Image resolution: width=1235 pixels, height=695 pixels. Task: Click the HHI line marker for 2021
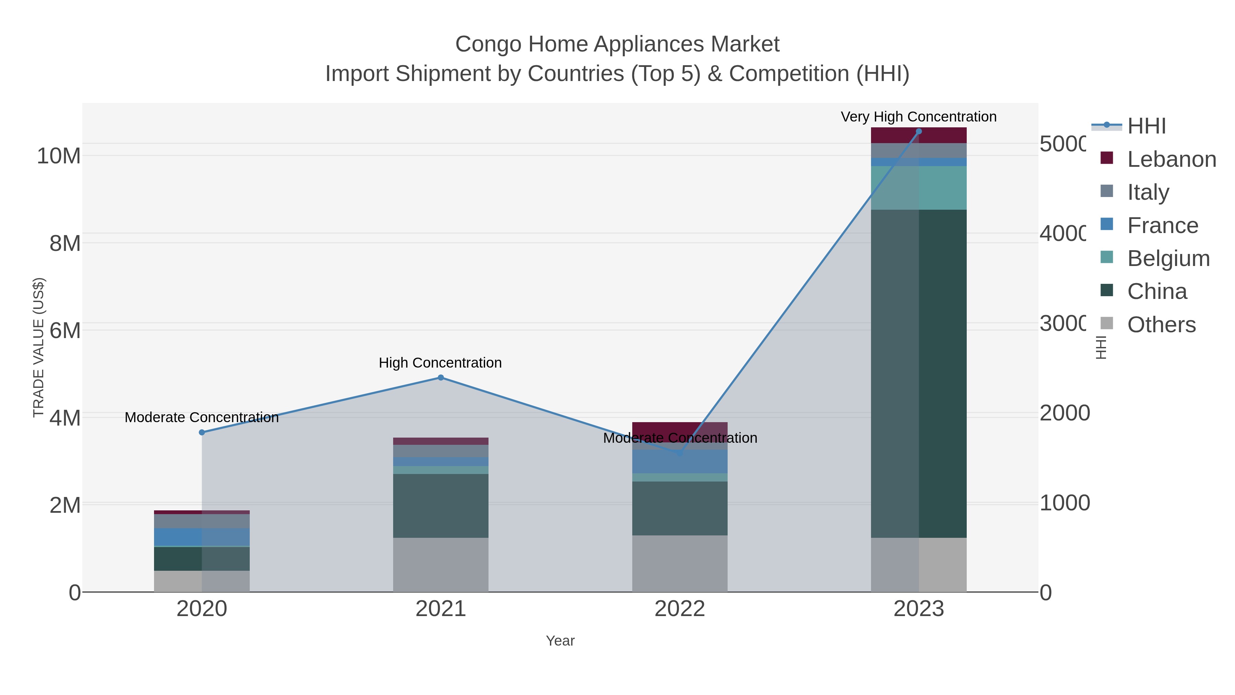point(440,378)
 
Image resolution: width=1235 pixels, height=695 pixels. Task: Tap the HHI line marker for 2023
point(919,131)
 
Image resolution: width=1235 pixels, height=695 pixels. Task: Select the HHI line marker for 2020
point(202,432)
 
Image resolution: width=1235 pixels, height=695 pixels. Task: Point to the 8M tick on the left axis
point(65,243)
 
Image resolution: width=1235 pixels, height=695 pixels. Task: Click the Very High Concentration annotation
point(919,117)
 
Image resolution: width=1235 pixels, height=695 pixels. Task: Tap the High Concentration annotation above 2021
point(440,363)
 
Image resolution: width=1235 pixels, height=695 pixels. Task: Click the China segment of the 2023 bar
point(919,374)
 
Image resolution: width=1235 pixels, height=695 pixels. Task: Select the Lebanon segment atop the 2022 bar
point(679,428)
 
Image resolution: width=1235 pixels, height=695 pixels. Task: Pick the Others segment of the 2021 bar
point(440,565)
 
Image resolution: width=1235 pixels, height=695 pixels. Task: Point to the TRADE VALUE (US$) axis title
point(38,347)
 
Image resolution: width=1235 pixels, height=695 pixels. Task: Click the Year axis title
point(560,641)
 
